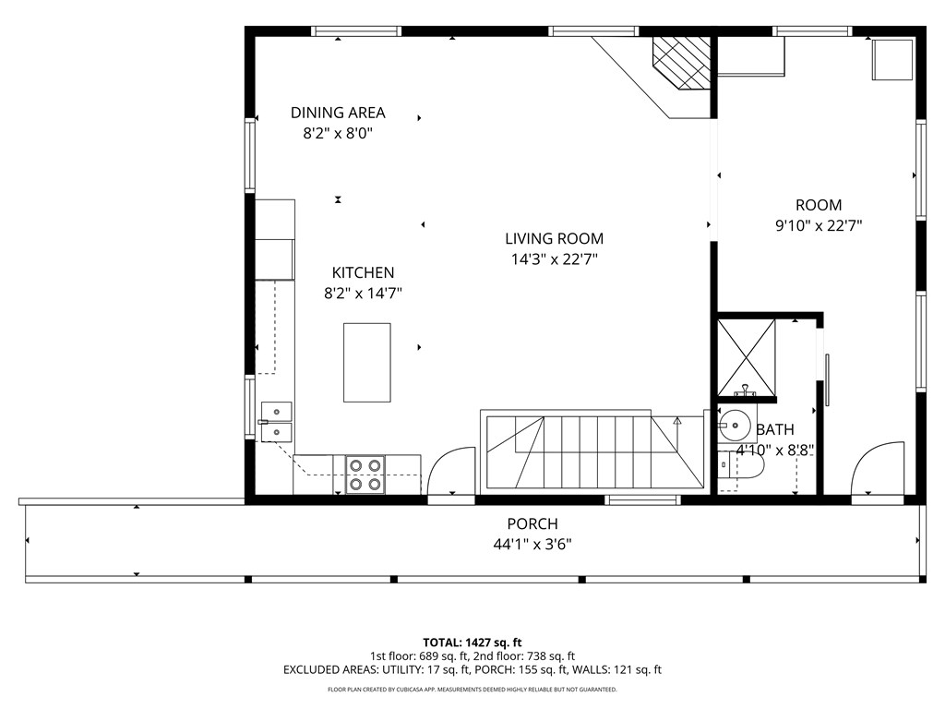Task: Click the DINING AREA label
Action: click(338, 113)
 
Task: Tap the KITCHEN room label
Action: click(363, 272)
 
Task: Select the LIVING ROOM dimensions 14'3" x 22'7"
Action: click(554, 259)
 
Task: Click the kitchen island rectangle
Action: click(366, 362)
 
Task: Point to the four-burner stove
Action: click(364, 474)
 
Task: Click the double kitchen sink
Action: click(276, 420)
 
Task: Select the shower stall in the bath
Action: click(746, 355)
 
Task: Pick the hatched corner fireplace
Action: click(682, 62)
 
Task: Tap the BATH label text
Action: click(774, 429)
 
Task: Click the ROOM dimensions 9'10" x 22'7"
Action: click(818, 224)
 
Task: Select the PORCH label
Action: click(532, 523)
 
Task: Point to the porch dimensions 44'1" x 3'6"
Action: click(532, 544)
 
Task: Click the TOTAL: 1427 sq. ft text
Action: click(472, 642)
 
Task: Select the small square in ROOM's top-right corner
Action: click(891, 59)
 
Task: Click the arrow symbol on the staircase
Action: click(677, 420)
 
